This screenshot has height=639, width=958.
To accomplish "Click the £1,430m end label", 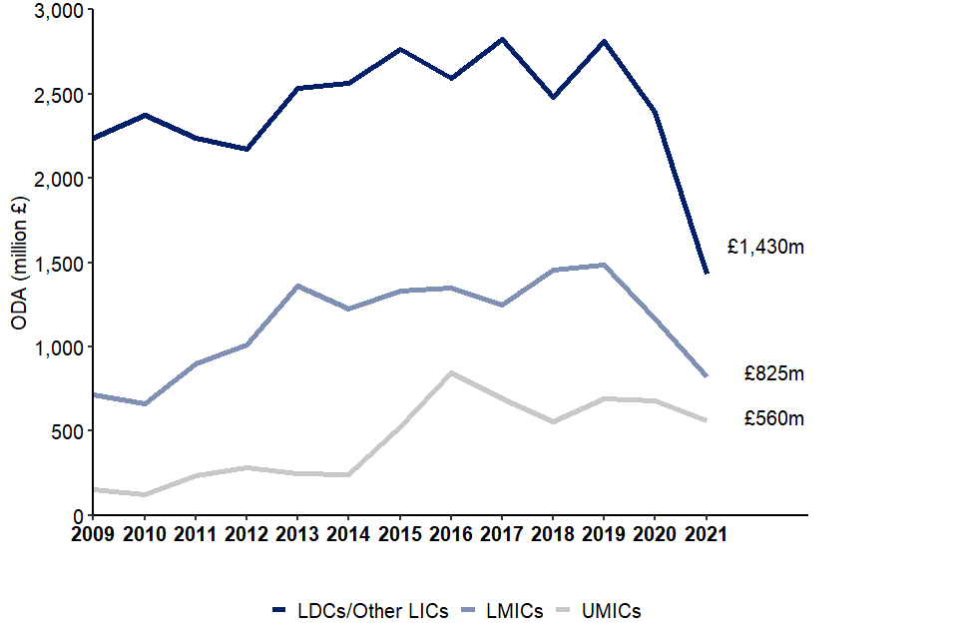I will pyautogui.click(x=765, y=248).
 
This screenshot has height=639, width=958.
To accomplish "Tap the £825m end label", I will pyautogui.click(x=773, y=374).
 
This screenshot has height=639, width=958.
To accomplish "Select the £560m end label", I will pyautogui.click(x=773, y=419).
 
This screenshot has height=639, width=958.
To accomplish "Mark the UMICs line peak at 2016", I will pyautogui.click(x=451, y=373).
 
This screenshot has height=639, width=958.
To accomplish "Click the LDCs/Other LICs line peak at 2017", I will pyautogui.click(x=502, y=40).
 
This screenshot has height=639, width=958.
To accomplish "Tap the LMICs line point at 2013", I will pyautogui.click(x=297, y=286).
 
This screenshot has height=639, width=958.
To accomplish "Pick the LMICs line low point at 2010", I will pyautogui.click(x=145, y=404).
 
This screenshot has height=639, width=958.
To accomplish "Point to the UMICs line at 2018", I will pyautogui.click(x=553, y=422).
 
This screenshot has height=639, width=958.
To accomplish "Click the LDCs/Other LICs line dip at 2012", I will pyautogui.click(x=246, y=150).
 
